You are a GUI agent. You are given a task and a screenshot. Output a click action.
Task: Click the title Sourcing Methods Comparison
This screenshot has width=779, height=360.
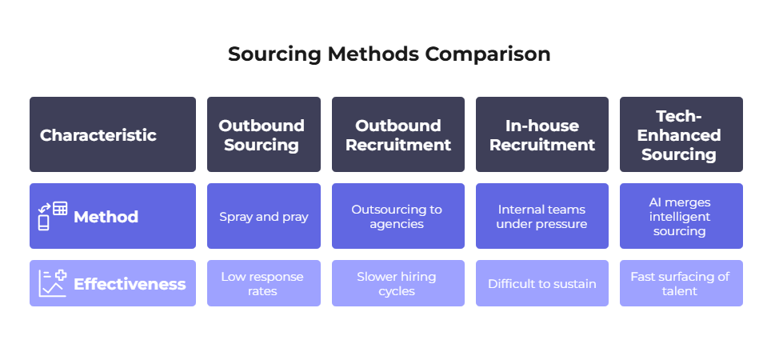pos(389,54)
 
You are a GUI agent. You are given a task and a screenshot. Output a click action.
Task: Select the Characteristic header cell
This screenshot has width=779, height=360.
pos(113,134)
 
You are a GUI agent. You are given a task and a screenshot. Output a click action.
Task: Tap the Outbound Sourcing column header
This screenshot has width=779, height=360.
pos(264,134)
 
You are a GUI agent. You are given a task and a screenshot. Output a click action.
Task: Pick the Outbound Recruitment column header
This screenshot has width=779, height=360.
pos(398,134)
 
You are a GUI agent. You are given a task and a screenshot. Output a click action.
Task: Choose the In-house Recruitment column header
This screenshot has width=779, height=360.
pos(542,134)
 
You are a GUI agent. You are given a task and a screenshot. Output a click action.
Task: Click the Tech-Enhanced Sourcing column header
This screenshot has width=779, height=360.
pos(681,134)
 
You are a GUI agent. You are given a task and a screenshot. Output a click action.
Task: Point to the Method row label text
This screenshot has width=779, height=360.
pos(106,217)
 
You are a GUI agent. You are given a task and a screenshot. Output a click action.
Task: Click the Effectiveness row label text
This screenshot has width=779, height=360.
pos(130,284)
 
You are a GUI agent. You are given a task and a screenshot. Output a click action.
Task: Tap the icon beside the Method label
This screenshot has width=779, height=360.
pos(53,216)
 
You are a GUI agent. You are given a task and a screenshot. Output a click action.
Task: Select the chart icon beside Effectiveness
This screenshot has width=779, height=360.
pos(53,283)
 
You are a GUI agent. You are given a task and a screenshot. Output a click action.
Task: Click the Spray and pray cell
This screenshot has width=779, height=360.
pos(264,216)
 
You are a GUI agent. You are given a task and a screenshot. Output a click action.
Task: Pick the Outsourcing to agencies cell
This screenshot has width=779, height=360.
pos(398,216)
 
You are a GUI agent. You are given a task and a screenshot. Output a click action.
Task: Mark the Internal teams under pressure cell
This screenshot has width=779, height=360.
pos(542,216)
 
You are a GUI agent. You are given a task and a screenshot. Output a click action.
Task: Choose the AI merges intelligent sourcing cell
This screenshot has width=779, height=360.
pos(681,216)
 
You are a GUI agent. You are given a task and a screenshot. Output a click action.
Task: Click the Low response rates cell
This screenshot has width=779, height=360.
pos(264,283)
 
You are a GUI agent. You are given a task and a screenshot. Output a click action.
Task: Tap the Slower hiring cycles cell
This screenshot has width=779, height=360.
pos(398,283)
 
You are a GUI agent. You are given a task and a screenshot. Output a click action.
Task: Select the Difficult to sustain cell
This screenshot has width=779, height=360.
pos(542,283)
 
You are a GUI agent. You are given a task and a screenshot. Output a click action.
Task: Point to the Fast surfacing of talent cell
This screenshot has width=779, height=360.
pos(681,283)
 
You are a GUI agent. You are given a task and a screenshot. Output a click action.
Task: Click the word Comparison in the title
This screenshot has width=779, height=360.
pos(487,54)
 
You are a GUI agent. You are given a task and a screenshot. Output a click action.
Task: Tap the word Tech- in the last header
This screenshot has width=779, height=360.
pos(678,116)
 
